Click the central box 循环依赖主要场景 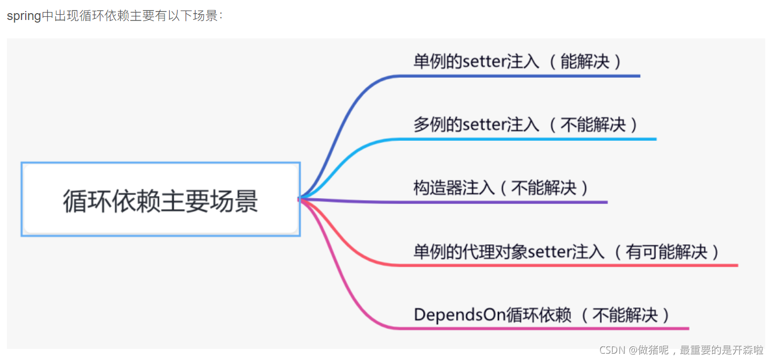160,200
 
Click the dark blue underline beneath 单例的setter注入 526,76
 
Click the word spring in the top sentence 24,16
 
